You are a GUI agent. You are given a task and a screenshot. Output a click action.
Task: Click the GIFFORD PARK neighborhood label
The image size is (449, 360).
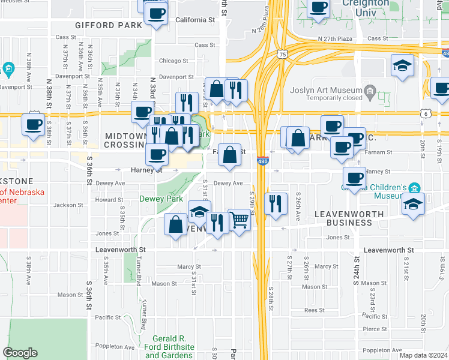pyautogui.click(x=109, y=25)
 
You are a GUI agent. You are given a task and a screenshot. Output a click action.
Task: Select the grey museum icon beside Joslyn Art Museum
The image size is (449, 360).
pyautogui.click(x=370, y=93)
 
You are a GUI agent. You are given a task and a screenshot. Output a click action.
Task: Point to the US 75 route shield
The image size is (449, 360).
pyautogui.click(x=282, y=54)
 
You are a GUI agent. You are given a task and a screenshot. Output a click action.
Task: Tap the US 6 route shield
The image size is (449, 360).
pyautogui.click(x=425, y=113)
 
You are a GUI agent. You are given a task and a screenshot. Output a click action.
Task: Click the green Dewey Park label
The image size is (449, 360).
pyautogui.click(x=161, y=199)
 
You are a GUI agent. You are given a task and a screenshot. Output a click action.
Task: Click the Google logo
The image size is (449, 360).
pyautogui.click(x=20, y=353)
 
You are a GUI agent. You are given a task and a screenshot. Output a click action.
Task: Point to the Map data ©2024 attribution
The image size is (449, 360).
pyautogui.click(x=423, y=355)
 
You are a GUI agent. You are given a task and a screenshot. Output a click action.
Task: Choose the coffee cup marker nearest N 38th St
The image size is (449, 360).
pyautogui.click(x=34, y=125)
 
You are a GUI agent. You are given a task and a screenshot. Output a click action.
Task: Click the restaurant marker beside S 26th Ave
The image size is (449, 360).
pyautogui.click(x=276, y=203)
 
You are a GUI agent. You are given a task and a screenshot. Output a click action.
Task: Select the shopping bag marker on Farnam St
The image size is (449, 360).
pyautogui.click(x=229, y=155)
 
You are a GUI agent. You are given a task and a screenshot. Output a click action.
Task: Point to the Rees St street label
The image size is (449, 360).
pyautogui.click(x=315, y=310)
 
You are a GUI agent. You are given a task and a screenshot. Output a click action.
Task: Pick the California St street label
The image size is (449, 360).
pyautogui.click(x=195, y=20)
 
